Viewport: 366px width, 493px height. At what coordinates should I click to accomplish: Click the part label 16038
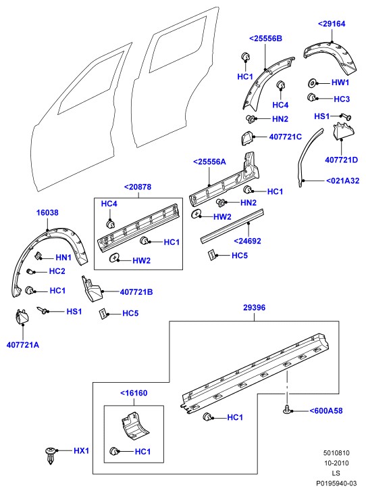(x=47, y=213)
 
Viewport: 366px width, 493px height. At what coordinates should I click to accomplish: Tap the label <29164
(x=332, y=24)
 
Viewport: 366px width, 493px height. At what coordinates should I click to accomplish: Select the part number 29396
(x=255, y=308)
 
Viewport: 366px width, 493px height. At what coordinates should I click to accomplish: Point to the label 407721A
(x=23, y=345)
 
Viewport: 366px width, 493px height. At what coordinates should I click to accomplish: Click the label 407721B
(x=136, y=292)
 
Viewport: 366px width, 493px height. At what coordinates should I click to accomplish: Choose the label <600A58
(x=326, y=410)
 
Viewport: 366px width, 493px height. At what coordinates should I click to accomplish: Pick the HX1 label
(x=81, y=451)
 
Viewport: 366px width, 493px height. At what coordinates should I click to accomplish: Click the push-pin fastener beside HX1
(x=51, y=456)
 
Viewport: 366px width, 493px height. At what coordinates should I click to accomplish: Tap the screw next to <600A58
(x=287, y=409)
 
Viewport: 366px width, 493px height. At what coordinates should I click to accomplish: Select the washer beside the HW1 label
(x=312, y=83)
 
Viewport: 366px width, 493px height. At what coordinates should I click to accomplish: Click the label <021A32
(x=342, y=181)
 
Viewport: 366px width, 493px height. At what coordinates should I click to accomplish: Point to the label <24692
(x=247, y=241)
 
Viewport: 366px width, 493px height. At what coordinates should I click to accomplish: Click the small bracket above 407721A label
(x=22, y=316)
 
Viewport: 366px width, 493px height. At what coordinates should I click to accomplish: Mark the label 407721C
(x=286, y=137)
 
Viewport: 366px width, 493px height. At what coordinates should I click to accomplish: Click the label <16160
(x=134, y=393)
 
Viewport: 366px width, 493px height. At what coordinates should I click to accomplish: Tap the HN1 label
(x=63, y=258)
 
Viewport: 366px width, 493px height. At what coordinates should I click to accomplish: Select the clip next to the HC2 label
(x=30, y=271)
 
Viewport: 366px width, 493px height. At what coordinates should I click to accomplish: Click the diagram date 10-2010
(x=336, y=463)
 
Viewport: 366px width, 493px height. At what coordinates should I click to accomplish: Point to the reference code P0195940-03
(x=336, y=484)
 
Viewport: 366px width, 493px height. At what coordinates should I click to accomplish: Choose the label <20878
(x=138, y=187)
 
